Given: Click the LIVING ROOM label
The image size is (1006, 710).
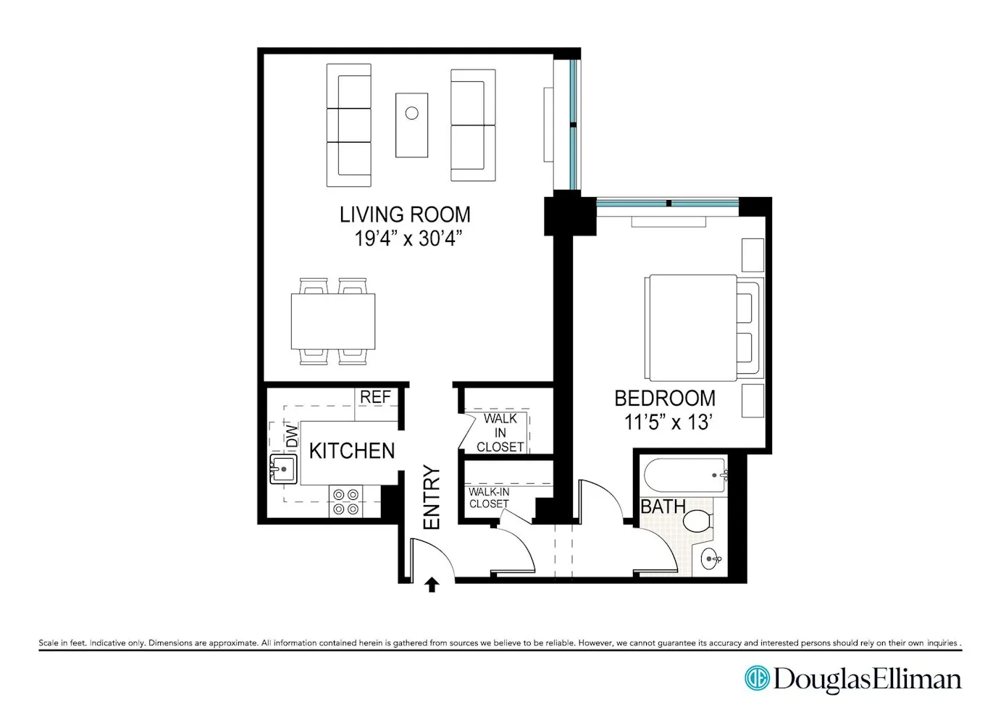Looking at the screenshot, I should point(405,214).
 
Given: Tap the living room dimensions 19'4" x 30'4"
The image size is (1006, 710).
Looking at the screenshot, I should point(408,238).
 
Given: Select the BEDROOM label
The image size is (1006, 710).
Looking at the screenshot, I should point(665,398).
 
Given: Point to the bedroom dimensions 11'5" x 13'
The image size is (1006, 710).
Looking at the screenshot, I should point(668,422).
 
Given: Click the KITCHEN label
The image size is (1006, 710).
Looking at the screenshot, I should point(352,451).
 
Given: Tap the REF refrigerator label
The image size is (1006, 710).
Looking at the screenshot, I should point(375,397).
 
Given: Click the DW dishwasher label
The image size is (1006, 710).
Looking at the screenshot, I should point(292,435).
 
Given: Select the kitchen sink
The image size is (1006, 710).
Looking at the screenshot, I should point(283,469).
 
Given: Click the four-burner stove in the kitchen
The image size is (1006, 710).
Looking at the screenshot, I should point(345,501).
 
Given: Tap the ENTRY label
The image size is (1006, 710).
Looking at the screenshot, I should point(432,498).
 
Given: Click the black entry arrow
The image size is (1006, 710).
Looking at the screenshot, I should point(432,584).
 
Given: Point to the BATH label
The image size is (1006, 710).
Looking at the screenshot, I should point(663,506).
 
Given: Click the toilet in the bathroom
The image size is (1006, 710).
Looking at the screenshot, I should point(698,520).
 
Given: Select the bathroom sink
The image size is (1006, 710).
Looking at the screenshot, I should point(711,559).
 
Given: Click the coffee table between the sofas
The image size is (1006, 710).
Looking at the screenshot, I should point(411,125).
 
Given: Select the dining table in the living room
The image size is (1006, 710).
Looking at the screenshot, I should point(333,321).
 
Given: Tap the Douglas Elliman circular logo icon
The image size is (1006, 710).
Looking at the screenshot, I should point(757,678).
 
